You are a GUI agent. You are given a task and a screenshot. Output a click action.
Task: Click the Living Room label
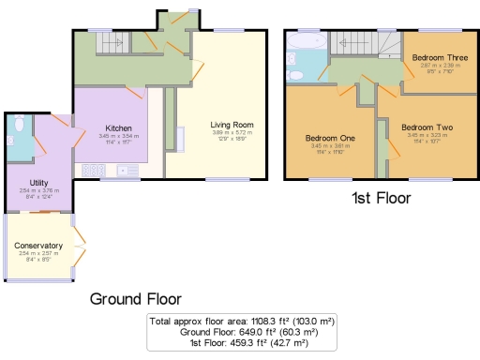click(x=232, y=124)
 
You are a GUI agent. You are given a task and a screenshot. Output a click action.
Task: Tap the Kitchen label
click(x=118, y=127)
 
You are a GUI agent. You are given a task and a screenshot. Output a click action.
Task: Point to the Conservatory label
click(x=38, y=246)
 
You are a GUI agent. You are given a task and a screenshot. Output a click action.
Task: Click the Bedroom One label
click(x=329, y=137)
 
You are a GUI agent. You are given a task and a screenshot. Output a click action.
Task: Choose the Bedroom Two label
click(x=427, y=127)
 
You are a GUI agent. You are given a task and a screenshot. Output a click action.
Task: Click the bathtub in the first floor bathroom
click(x=307, y=43)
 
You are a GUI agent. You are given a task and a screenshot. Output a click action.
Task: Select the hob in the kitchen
click(x=95, y=170)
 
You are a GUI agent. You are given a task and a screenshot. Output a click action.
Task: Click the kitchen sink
click(x=124, y=171)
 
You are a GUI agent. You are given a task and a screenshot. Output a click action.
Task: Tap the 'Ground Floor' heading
click(x=135, y=299)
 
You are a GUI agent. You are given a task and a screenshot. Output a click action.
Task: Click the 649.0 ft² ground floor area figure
click(x=256, y=333)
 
